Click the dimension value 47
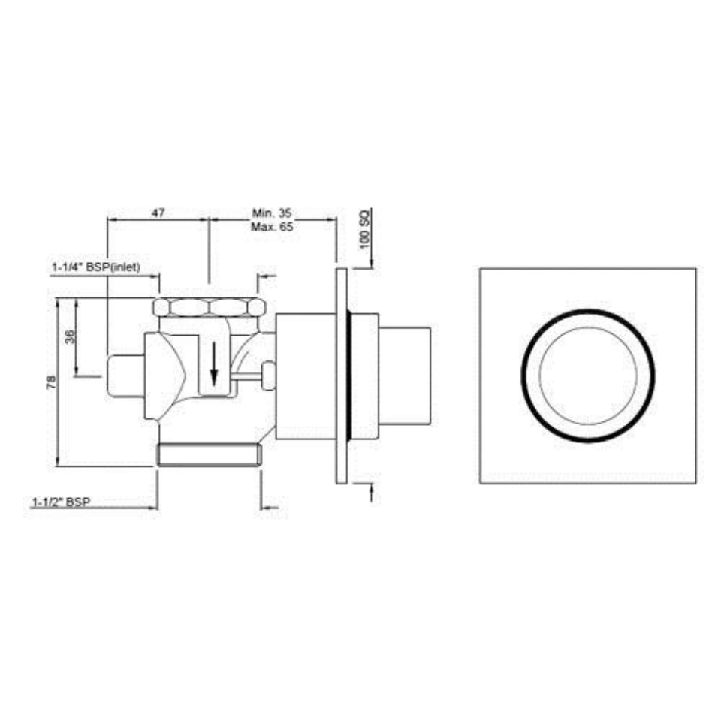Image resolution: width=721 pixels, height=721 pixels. [x=158, y=213]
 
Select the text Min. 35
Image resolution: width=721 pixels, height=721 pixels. [x=271, y=213]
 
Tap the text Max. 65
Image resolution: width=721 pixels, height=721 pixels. [x=271, y=226]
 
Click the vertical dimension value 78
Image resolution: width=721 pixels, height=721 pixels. [x=51, y=382]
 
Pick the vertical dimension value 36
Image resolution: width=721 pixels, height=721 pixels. [x=70, y=336]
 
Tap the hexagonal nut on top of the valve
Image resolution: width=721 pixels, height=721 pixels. [x=210, y=307]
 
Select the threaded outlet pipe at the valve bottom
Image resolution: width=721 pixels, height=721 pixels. [x=209, y=455]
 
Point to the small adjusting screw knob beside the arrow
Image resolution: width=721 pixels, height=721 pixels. [x=267, y=374]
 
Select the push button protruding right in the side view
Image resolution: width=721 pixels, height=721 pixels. [x=406, y=375]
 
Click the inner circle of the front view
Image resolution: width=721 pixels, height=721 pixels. [x=588, y=376]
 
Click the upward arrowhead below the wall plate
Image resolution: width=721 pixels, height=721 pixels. [x=372, y=490]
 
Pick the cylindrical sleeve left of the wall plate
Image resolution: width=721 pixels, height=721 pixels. [x=304, y=376]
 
